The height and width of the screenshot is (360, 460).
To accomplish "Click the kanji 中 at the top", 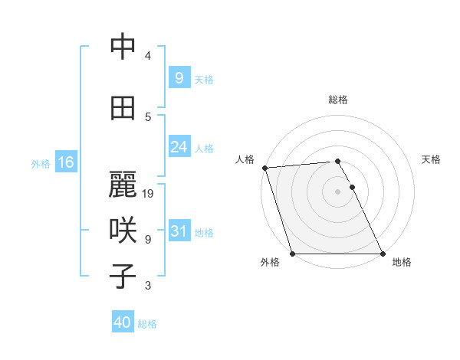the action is [x=123, y=47].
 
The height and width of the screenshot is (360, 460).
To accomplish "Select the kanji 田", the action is [x=123, y=108].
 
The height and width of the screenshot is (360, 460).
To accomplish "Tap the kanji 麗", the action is [x=123, y=185].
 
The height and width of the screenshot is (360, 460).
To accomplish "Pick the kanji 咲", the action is [x=123, y=231].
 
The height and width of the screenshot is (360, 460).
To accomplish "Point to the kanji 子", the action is [x=123, y=277].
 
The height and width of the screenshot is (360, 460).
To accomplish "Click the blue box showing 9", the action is [x=179, y=78].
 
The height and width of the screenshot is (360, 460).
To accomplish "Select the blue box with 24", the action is [x=179, y=147].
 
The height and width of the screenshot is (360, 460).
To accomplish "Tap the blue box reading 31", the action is [x=179, y=231].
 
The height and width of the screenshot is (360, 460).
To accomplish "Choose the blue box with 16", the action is [x=65, y=162].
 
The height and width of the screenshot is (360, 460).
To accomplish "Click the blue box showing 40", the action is [x=123, y=322].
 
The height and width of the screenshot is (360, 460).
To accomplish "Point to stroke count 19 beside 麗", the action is [x=149, y=194].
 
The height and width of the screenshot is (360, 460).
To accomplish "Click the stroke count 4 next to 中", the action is [x=148, y=56].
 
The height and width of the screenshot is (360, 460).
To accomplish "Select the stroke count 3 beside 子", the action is [x=148, y=286].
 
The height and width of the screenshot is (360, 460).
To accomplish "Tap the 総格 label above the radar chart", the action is [x=338, y=100].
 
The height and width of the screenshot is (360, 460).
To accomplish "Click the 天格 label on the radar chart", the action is [x=431, y=159].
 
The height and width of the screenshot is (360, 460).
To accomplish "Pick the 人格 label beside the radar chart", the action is [x=245, y=159].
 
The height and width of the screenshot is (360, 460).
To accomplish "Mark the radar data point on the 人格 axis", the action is [x=264, y=168].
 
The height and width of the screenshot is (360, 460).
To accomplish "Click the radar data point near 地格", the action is [x=383, y=254].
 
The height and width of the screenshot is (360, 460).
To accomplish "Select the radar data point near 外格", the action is [x=292, y=254].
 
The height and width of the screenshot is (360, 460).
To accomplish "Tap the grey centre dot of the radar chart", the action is [x=338, y=191].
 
